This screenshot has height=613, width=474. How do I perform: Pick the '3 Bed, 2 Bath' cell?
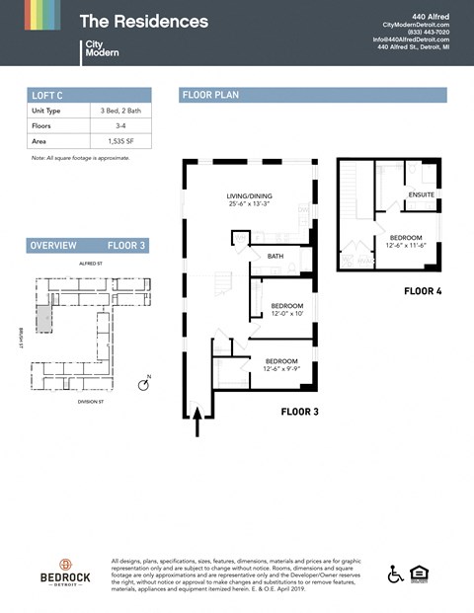pyautogui.click(x=118, y=112)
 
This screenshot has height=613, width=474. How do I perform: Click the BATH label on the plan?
pyautogui.click(x=276, y=257)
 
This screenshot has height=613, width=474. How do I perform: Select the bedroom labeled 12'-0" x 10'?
pyautogui.click(x=286, y=310)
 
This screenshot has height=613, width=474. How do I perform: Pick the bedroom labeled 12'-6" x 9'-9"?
pyautogui.click(x=281, y=365)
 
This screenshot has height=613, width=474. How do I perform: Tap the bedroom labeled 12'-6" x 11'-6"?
pyautogui.click(x=405, y=242)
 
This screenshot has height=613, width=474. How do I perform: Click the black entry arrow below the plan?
pyautogui.click(x=197, y=421)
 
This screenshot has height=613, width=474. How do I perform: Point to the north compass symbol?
pyautogui.click(x=143, y=385)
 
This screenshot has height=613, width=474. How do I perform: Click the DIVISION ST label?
pyautogui.click(x=90, y=402)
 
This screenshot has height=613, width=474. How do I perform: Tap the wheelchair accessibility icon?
pyautogui.click(x=396, y=574)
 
